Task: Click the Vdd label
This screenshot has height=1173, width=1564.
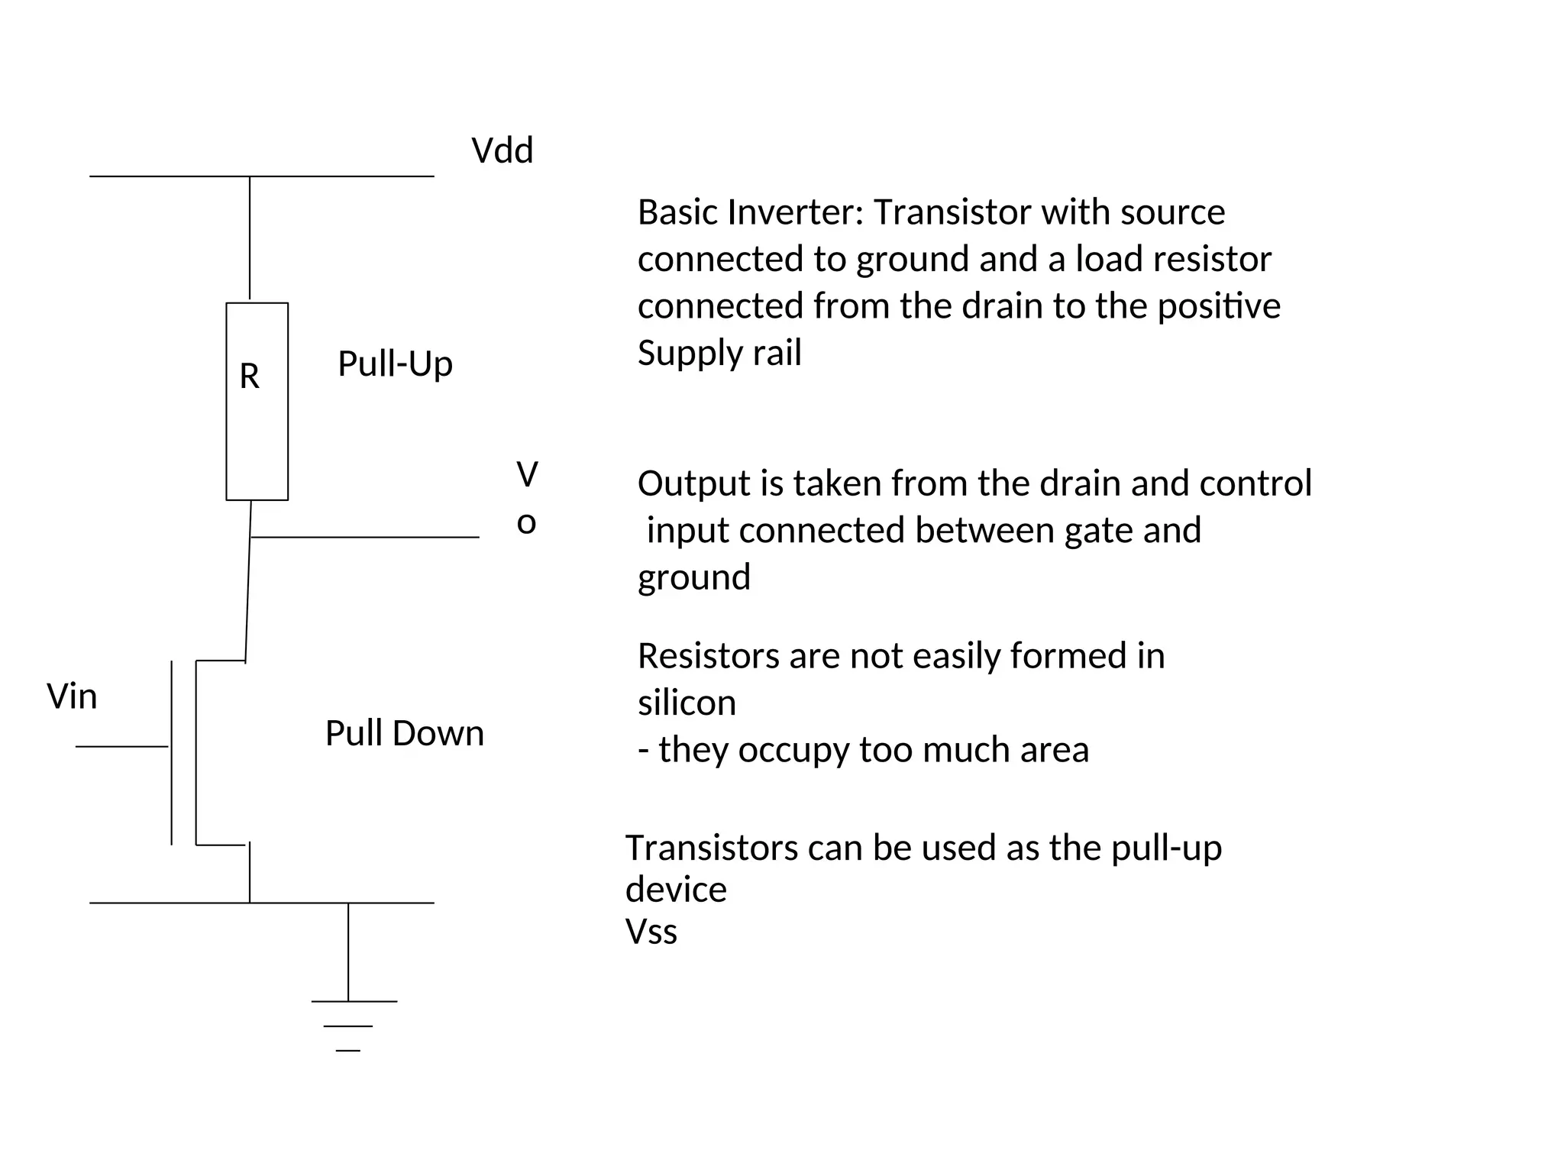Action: coord(502,150)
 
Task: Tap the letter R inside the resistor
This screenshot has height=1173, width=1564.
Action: coord(249,376)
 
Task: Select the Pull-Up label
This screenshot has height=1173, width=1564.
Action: coord(395,364)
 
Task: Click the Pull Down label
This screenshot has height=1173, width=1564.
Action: coord(404,733)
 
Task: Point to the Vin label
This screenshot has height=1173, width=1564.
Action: coord(72,696)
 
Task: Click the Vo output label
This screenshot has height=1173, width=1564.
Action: coord(526,498)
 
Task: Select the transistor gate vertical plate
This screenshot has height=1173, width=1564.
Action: coord(172,752)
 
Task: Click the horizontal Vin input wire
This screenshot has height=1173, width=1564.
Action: coord(121,746)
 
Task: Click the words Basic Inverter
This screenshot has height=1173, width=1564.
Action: coord(749,212)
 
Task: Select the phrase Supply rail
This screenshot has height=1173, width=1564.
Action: coord(719,353)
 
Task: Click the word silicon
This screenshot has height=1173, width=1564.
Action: coord(687,703)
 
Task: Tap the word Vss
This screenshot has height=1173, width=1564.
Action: coord(651,932)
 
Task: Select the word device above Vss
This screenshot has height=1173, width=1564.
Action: coord(675,890)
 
